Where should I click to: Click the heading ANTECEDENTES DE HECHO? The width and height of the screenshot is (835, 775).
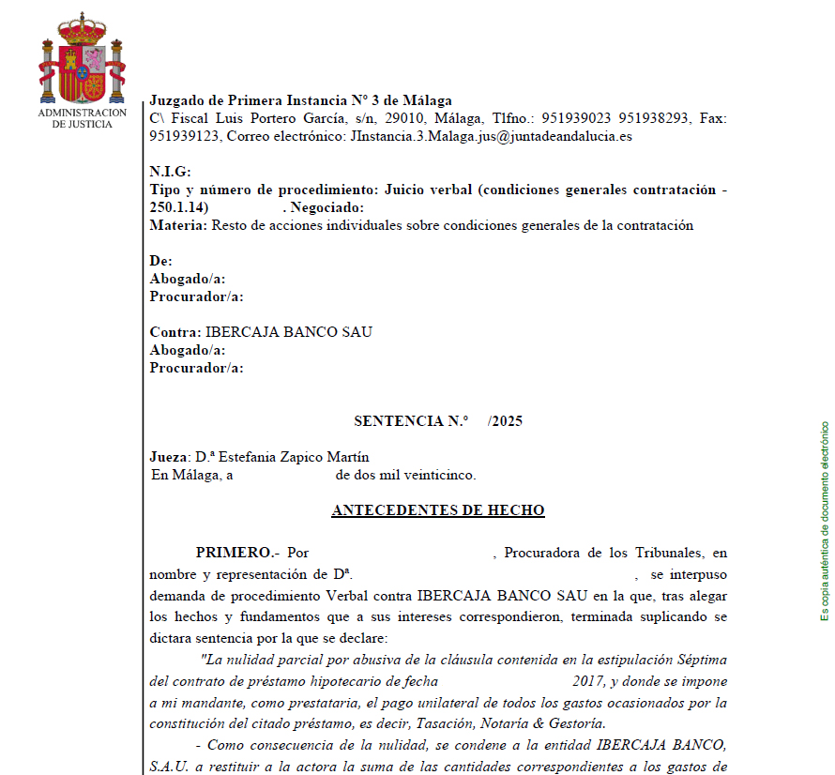coord(437,510)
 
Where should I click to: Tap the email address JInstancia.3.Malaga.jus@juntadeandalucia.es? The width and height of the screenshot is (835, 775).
coord(491,136)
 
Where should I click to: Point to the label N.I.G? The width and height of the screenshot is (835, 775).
coord(170,172)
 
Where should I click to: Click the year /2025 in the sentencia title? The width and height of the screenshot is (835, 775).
coord(505,421)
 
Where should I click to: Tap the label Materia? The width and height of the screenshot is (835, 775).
coord(178,225)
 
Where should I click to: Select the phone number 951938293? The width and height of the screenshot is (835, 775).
coord(655,118)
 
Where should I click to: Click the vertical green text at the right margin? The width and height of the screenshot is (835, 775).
coord(825,519)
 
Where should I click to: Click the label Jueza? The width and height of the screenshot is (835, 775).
coord(170,457)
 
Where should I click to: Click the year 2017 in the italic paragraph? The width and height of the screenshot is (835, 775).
coord(588,681)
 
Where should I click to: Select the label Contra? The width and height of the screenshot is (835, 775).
coord(175,332)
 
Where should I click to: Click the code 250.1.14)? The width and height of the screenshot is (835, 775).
coord(179,207)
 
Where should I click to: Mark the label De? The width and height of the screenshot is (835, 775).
coord(160,261)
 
